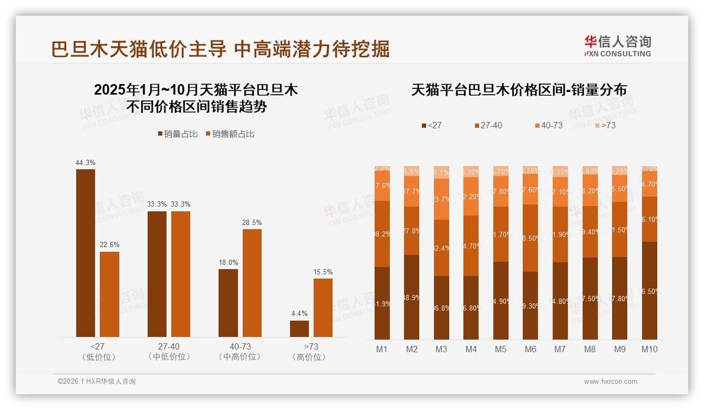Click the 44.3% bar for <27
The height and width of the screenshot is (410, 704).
coord(86,253)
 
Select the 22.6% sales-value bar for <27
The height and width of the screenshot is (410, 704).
coord(109,294)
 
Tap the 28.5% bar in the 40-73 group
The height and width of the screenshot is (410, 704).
coord(252,283)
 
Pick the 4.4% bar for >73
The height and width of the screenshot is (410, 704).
coord(299,329)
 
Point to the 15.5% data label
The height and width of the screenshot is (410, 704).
coord(323,272)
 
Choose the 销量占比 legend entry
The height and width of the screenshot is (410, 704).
coord(178,134)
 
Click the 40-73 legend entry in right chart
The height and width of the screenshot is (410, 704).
coord(548,126)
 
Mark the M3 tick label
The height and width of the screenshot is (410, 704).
coord(441,349)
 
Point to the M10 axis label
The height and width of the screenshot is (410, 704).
coord(649,349)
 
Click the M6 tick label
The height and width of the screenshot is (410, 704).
coord(531,349)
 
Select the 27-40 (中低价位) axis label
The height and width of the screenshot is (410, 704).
coord(169,352)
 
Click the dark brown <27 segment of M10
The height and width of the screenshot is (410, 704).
coord(649,291)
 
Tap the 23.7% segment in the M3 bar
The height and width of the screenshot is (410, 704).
coord(441,199)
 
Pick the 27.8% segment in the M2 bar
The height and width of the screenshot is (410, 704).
coord(412,231)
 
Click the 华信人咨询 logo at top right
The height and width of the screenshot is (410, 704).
coord(617,46)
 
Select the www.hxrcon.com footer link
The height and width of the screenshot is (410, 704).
coord(610,382)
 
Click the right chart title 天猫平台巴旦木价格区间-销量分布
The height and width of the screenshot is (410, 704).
coord(519,90)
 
